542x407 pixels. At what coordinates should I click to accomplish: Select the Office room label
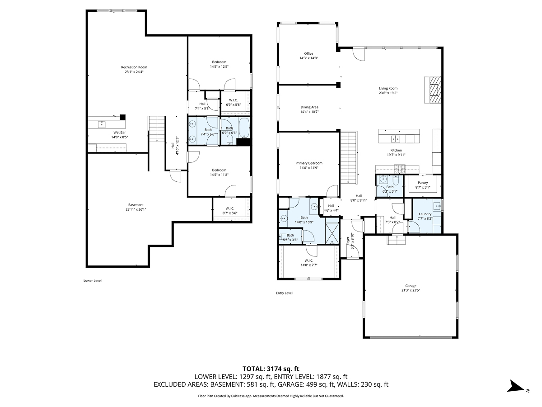[x=308, y=54]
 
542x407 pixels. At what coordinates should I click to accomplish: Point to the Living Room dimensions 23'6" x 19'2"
[x=388, y=93]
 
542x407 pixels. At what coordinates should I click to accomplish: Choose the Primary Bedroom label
[x=309, y=163]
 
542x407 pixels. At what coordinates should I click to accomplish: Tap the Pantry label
[x=422, y=183]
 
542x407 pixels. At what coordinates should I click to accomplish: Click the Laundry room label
[x=425, y=214]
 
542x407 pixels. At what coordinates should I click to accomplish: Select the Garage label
[x=411, y=286]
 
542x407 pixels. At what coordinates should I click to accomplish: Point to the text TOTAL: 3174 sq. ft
[x=271, y=369]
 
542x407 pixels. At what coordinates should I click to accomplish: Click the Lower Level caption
[x=93, y=280]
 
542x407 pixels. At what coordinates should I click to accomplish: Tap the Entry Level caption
[x=284, y=293]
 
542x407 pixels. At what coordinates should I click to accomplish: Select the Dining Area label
[x=309, y=107]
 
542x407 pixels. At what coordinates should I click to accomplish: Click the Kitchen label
[x=396, y=151]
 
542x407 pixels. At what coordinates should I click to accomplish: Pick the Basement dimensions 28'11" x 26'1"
[x=136, y=209]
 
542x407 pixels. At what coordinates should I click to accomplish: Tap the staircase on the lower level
[x=157, y=129]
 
